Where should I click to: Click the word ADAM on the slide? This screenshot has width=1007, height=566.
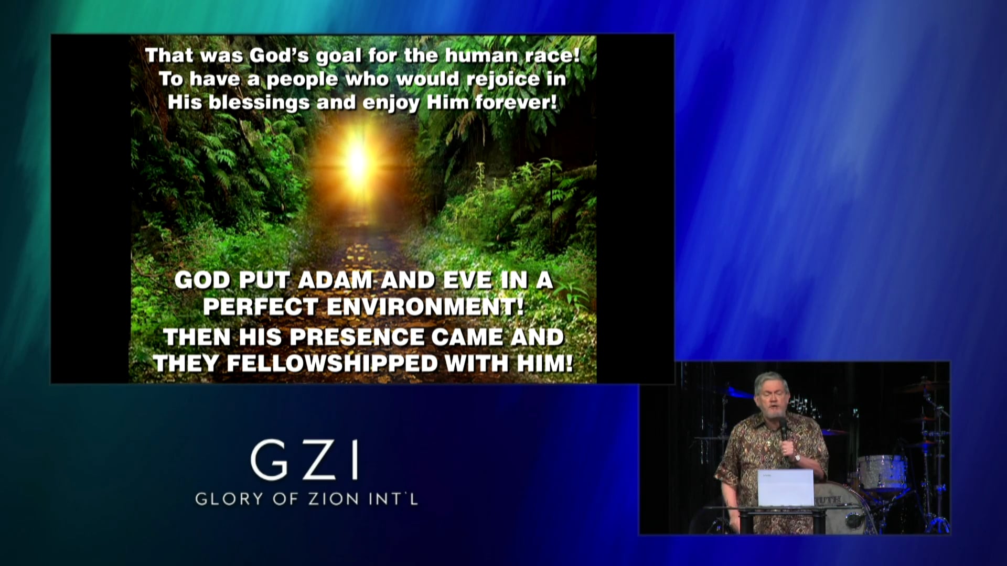click(x=335, y=280)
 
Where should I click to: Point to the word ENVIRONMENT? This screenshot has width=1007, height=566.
click(x=425, y=307)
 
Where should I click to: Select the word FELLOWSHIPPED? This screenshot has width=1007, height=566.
click(x=332, y=364)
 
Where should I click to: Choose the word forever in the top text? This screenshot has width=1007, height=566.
click(x=516, y=102)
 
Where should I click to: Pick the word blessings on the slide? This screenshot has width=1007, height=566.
click(x=259, y=102)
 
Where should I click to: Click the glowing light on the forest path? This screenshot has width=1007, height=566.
click(x=358, y=160)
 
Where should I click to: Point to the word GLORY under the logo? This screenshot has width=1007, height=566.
click(x=229, y=498)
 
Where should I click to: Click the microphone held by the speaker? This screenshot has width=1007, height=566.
click(x=783, y=427)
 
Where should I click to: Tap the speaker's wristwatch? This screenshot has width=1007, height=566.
click(x=797, y=458)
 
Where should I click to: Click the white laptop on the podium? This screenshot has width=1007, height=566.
click(x=785, y=487)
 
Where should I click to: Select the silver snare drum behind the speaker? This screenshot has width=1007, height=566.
click(x=882, y=471)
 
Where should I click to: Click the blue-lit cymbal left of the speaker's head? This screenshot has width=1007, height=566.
click(x=737, y=392)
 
